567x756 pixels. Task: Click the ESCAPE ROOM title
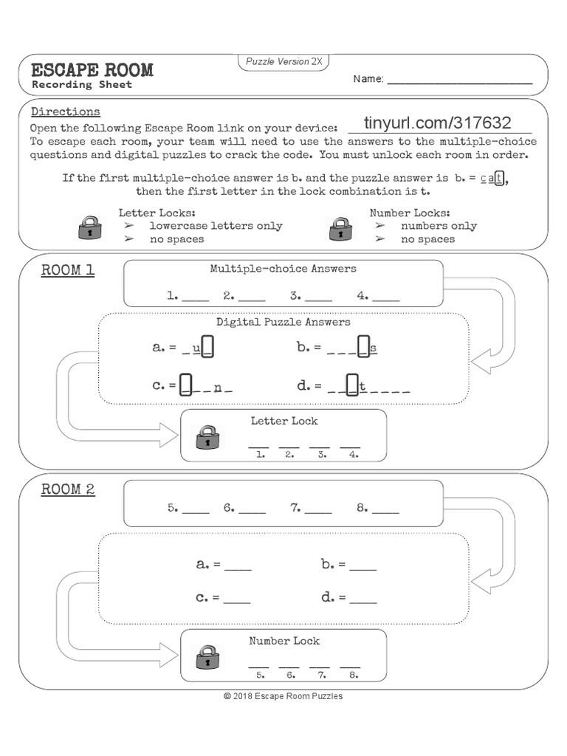coord(92,70)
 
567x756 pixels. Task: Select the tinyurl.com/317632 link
coord(438,123)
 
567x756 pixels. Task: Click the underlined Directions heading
coord(66,112)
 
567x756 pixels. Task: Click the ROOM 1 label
coord(68,270)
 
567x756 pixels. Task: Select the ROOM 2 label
coord(68,489)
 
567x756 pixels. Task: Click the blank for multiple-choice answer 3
coord(318,297)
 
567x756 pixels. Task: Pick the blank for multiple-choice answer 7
coord(318,509)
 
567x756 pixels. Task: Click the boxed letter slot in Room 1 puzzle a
coord(207,346)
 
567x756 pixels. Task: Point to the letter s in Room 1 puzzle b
coord(374,347)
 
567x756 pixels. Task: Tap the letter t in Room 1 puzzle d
coord(362,385)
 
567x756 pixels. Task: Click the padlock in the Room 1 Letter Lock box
coord(207,437)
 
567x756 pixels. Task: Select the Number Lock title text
coord(284,641)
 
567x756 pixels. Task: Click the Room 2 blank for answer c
coord(238,598)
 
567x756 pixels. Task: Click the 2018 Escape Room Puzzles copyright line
coord(283,696)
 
